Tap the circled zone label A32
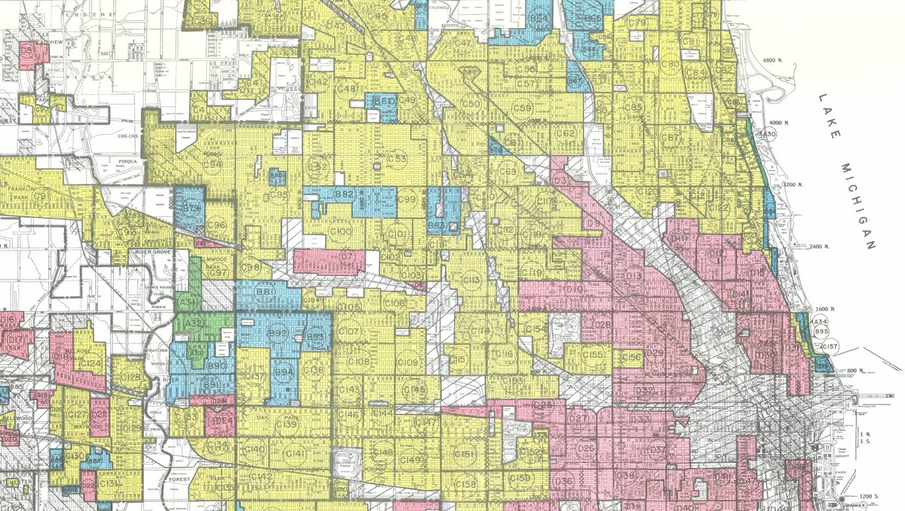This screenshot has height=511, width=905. click(x=194, y=325)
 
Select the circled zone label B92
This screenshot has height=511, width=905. click(x=278, y=332)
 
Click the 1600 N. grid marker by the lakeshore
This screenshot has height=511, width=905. click(x=827, y=309)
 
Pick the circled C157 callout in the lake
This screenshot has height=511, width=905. click(x=830, y=347)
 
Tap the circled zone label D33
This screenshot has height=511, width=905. click(x=640, y=420)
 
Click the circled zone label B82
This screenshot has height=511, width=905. click(x=345, y=195)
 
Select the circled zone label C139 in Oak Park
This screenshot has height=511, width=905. click(x=289, y=425)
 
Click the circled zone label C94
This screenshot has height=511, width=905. click(x=213, y=164)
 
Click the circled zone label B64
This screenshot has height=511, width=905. click(x=538, y=19)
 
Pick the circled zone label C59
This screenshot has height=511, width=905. click(x=523, y=109)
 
